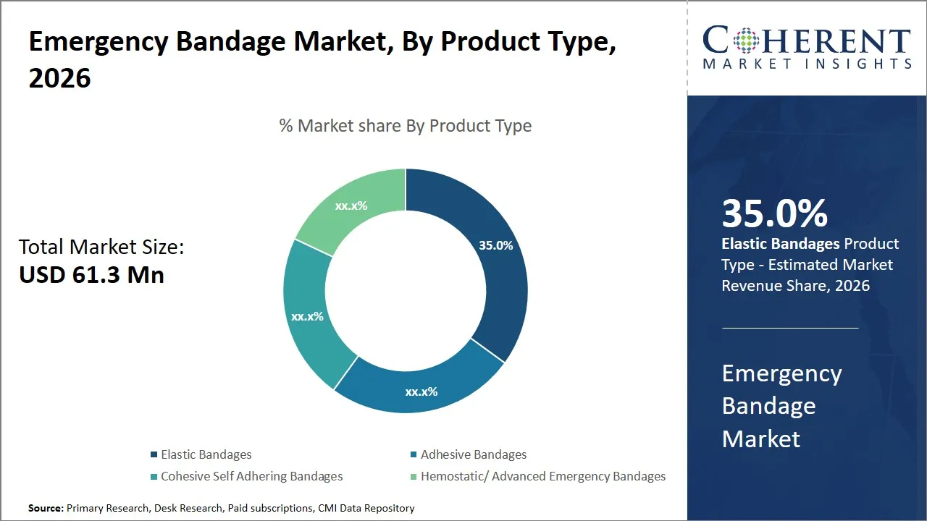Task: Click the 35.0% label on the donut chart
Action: [495, 245]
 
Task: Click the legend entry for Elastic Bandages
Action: [206, 454]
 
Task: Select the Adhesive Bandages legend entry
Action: [473, 454]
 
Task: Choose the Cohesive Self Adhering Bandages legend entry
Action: [251, 476]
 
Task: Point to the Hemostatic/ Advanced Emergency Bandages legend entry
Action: [542, 476]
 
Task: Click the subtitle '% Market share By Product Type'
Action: [406, 126]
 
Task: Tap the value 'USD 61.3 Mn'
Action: [91, 275]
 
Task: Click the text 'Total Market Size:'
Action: [101, 247]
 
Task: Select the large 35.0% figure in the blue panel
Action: [774, 213]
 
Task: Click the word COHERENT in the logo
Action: [807, 41]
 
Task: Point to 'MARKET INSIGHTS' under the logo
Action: [807, 64]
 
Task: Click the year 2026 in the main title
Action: [59, 78]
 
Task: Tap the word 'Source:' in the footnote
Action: [46, 508]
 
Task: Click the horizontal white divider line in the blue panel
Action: [790, 328]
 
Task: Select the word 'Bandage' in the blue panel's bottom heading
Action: [768, 406]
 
